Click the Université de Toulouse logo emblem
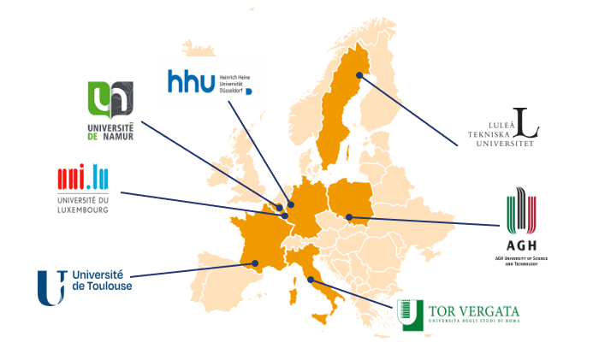50,286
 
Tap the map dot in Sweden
360,75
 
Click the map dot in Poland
349,216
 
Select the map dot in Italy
311,280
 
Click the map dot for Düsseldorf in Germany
291,204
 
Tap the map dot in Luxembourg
286,215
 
